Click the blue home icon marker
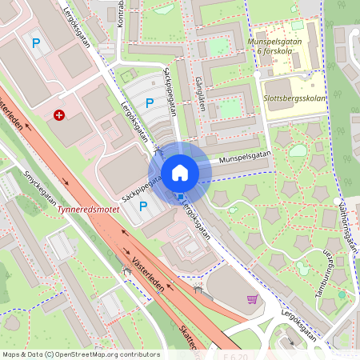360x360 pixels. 180,171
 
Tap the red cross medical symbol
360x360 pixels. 59,115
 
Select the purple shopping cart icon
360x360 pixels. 253,299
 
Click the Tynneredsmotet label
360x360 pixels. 89,214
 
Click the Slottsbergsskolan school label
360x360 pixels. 293,98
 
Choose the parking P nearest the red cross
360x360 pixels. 34,42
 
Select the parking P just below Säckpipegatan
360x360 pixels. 144,206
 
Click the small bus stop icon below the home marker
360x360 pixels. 181,197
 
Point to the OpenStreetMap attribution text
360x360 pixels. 80,354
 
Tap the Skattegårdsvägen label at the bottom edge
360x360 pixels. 193,340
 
